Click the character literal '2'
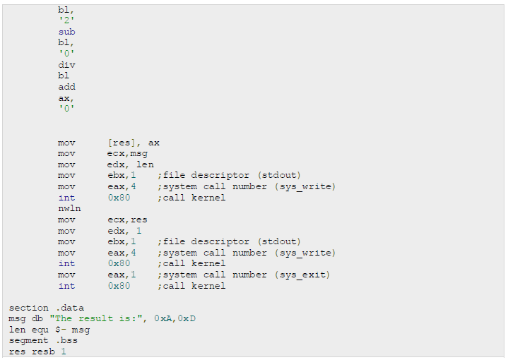pos(67,21)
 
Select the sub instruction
pos(67,32)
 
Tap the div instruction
pos(67,65)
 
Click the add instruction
pos(67,87)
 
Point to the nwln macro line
pos(69,208)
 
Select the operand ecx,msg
pos(127,153)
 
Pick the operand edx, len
pos(130,164)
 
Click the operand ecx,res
pos(127,220)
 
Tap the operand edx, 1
pos(124,231)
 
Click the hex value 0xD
pos(187,318)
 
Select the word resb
pos(42,352)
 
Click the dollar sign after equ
pos(58,330)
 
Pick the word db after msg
pos(37,318)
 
